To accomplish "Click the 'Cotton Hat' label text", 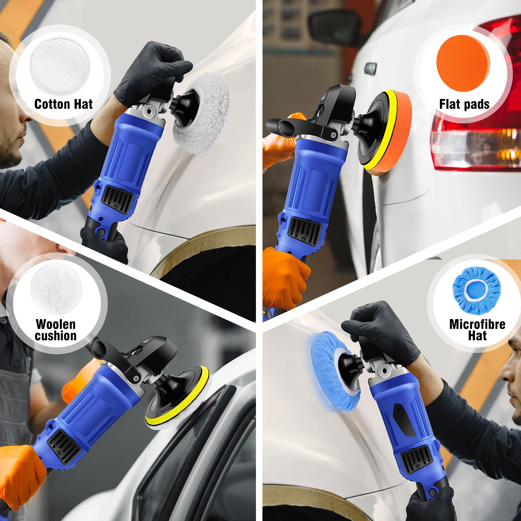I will pos(63,104).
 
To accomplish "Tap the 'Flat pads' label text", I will pos(464,104).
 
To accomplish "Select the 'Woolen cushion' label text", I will pos(56,330).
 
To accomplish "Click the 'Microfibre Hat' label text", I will pos(477,330).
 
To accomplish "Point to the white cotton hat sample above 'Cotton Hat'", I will pos(60,66).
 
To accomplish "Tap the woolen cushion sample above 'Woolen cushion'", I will pos(56,288).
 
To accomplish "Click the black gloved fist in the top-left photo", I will pos(153,72).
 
